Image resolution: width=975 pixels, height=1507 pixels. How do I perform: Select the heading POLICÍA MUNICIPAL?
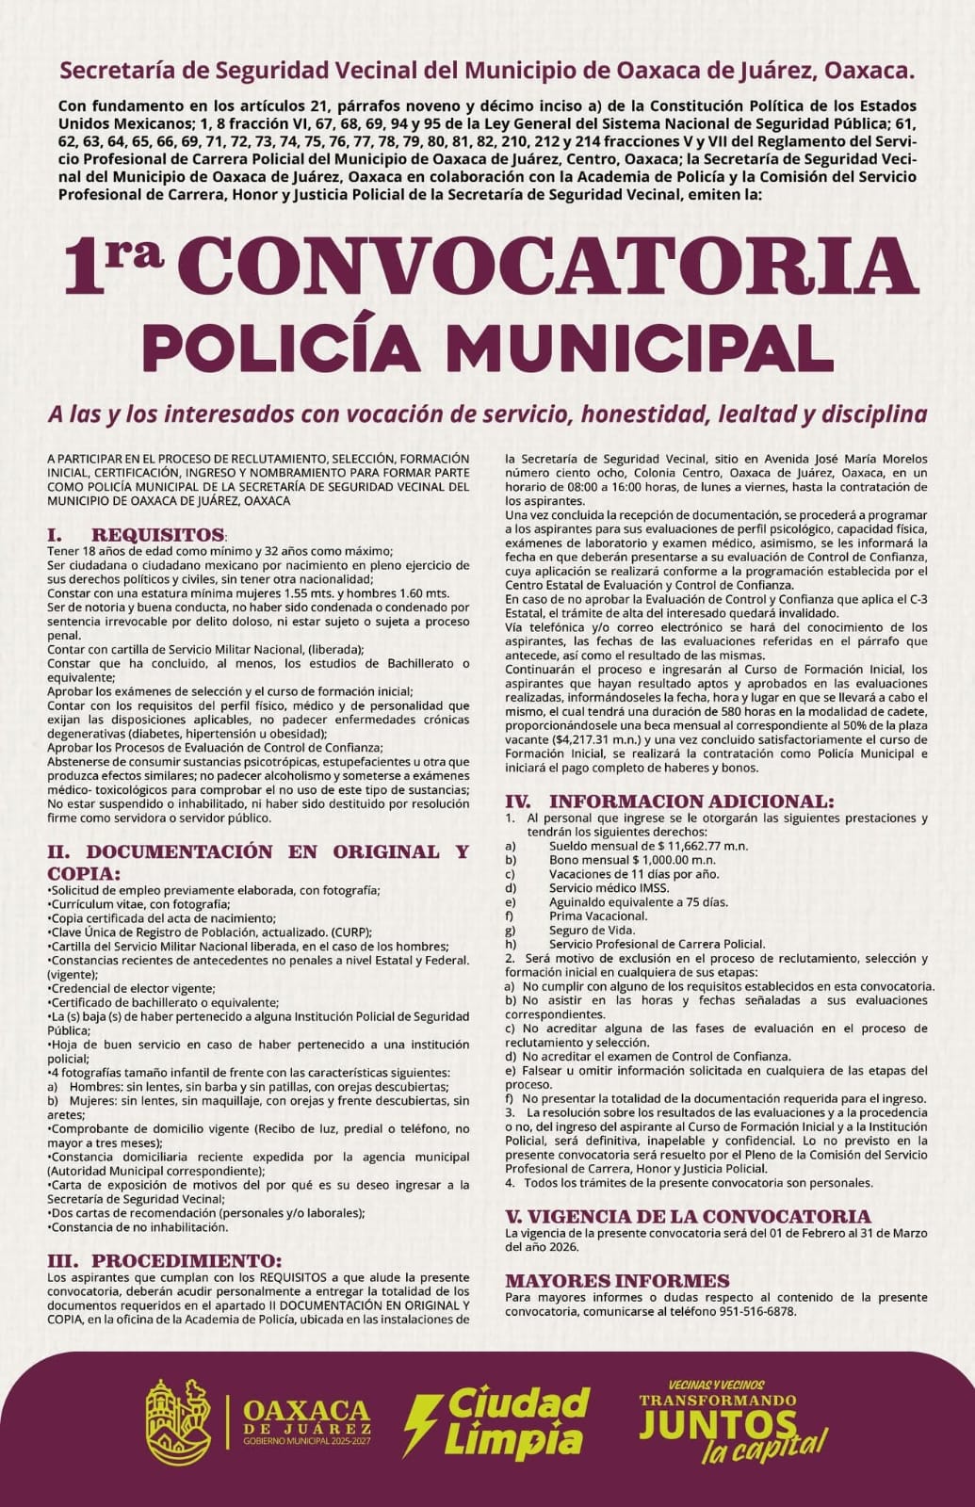tap(487, 347)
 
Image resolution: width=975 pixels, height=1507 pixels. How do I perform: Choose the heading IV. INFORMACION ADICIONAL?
tap(669, 802)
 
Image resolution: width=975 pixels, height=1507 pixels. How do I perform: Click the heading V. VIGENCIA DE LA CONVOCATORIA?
tap(688, 1217)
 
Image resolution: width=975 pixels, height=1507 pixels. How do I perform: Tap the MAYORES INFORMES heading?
tap(617, 1281)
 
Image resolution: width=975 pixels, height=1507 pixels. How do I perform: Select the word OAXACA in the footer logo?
tap(306, 1410)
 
